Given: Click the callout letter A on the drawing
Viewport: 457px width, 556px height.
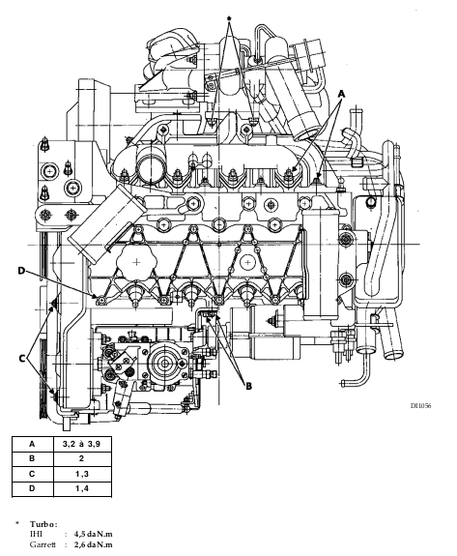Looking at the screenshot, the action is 341,94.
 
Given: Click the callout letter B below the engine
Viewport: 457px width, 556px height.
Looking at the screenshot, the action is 248,386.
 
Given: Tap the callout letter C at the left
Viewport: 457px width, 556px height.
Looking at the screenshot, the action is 22,359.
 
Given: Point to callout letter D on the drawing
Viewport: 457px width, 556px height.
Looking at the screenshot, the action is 21,271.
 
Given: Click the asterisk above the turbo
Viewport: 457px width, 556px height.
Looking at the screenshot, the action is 229,18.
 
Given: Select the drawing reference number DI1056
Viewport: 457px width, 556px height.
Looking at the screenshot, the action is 421,406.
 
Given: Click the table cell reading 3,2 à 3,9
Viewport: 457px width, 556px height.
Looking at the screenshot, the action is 81,444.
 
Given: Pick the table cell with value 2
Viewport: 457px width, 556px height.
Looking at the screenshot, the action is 81,458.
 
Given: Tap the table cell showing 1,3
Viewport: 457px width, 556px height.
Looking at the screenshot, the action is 82,474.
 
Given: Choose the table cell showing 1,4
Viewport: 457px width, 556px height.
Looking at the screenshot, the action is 82,488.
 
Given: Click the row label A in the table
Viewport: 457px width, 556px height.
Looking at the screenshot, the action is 32,444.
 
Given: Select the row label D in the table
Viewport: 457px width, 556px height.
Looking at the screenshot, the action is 32,488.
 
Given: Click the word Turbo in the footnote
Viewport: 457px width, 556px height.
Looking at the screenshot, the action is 43,524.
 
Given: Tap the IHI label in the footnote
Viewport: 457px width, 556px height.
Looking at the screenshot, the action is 36,534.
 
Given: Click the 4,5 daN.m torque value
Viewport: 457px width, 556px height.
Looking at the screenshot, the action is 93,534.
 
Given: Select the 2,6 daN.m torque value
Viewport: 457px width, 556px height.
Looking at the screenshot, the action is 93,544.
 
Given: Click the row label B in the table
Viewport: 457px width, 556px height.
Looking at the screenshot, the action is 32,458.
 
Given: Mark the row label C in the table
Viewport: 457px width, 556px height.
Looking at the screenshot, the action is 32,474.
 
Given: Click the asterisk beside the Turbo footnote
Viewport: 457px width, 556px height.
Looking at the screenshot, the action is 16,523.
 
